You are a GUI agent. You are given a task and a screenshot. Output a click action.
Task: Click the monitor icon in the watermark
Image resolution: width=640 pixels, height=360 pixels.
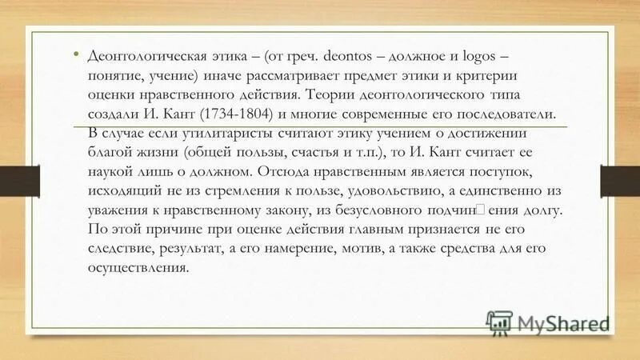click(x=500, y=322)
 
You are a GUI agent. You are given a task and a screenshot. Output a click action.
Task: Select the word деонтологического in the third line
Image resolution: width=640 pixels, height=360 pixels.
click(x=440, y=95)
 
